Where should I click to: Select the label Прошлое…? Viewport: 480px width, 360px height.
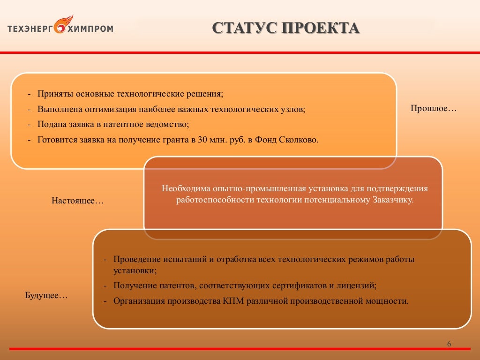434,108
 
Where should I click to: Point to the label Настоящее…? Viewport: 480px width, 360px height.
77,201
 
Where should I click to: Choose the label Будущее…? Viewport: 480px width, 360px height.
46,296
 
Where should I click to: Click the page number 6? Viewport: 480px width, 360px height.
449,345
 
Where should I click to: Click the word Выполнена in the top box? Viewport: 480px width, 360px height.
60,109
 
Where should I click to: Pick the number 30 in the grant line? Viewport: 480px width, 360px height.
202,140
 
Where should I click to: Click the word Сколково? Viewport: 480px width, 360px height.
299,140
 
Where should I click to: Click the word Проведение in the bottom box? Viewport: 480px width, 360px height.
136,259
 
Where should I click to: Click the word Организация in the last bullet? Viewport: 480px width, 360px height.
139,300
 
